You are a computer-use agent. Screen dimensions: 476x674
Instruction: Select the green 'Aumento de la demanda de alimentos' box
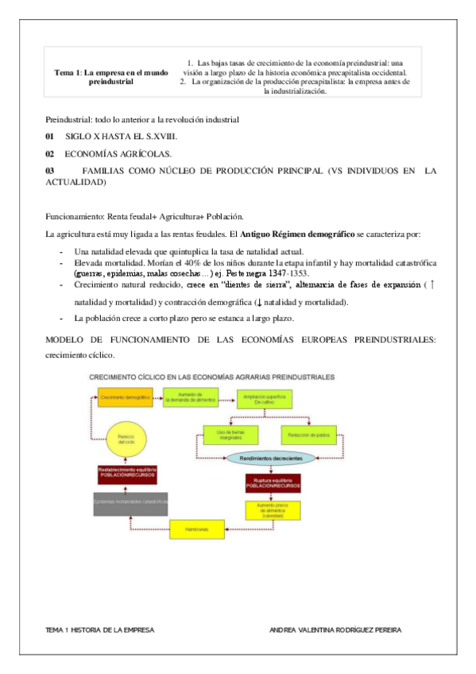tap(191, 396)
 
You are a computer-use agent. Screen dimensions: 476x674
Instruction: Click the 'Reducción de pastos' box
tap(308, 434)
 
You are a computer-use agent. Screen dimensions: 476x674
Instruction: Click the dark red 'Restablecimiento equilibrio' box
tap(126, 474)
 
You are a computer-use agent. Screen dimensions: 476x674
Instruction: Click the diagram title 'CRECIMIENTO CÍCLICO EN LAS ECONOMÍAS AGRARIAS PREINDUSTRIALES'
tap(211, 376)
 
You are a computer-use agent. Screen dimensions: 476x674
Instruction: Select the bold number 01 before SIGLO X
tap(50, 138)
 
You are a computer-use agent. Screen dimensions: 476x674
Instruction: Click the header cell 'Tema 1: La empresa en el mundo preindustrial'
tap(111, 76)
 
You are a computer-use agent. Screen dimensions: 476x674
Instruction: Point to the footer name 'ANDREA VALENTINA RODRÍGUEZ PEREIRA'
tap(335, 629)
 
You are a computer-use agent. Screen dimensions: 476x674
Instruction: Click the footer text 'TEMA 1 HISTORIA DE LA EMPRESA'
tap(100, 629)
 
